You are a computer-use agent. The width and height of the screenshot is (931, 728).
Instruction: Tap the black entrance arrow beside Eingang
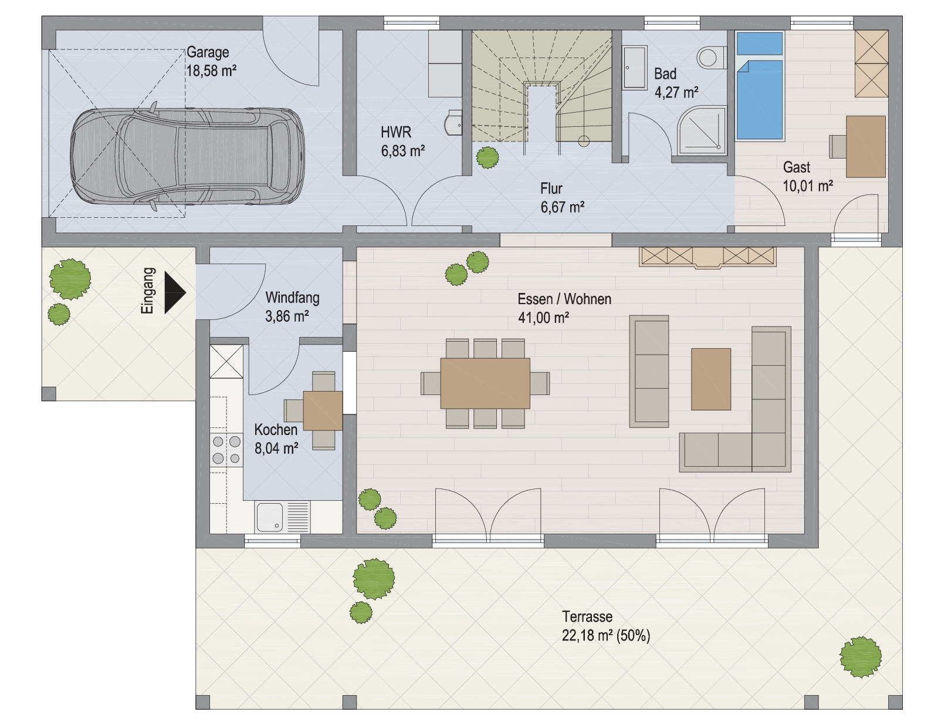[175, 293]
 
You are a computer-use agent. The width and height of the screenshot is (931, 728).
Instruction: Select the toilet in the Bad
[712, 58]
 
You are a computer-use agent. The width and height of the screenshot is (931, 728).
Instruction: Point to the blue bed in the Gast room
[760, 86]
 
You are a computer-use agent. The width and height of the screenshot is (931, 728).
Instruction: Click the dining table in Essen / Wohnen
[485, 383]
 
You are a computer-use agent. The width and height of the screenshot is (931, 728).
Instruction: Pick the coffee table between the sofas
[711, 379]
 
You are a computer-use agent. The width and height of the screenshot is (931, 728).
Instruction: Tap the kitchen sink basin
[269, 517]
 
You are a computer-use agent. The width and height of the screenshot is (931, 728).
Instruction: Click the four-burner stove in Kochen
[226, 449]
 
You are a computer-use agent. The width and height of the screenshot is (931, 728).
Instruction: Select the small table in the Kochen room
[323, 410]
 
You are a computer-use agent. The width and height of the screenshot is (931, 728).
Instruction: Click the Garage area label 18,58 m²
[211, 70]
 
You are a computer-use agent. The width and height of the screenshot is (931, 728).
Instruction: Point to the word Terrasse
[587, 616]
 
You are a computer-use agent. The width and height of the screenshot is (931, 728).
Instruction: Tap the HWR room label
[396, 132]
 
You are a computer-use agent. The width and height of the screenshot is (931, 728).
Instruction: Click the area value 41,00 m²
[543, 318]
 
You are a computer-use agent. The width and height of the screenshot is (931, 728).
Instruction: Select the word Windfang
[292, 298]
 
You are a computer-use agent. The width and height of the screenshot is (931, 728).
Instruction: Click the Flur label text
[551, 188]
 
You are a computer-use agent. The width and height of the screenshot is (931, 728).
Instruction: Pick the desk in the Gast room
[865, 146]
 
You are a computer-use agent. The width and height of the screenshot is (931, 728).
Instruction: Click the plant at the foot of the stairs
[487, 157]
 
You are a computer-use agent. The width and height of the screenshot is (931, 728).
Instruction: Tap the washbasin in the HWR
[454, 123]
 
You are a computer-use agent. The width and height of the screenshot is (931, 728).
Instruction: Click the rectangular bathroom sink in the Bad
[635, 68]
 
